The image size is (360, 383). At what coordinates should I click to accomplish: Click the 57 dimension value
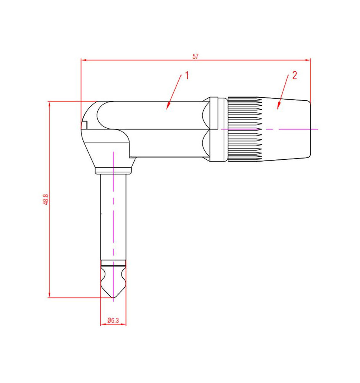(195, 56)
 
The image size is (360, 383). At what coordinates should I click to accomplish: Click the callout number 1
(187, 75)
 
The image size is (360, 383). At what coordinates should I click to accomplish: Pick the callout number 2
(294, 75)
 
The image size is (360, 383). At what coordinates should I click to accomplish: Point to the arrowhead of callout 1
(168, 106)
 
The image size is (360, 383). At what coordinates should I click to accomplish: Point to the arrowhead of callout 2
(278, 106)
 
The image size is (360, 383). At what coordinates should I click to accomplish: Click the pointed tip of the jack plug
(113, 298)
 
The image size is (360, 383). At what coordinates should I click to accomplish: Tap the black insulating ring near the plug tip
(113, 263)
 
